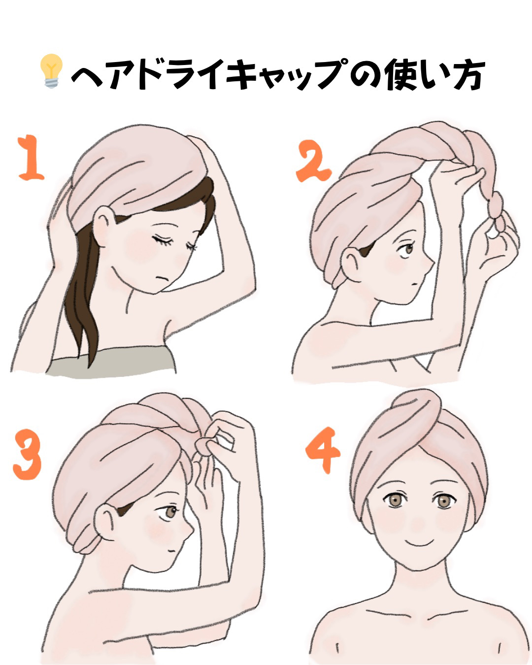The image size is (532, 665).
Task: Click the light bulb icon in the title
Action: [x=52, y=72]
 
